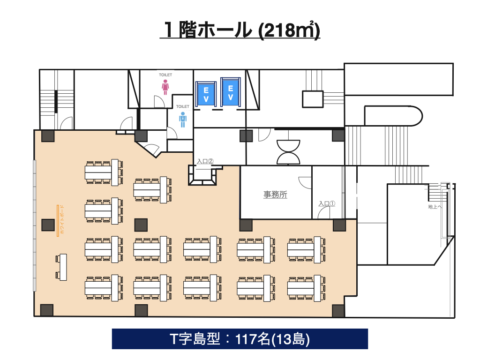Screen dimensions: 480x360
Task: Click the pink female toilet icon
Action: pos(165,87)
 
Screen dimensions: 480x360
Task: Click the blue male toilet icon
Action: pos(183,120)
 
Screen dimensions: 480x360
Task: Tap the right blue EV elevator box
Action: pos(231,93)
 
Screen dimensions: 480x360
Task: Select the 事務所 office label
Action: pos(275,195)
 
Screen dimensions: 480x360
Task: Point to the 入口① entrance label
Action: pos(327,203)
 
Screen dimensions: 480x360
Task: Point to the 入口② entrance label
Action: pos(205,161)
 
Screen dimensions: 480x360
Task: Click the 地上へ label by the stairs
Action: pos(435,207)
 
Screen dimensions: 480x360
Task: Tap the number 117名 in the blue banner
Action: pos(253,339)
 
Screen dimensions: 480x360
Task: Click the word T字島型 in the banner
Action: pos(195,339)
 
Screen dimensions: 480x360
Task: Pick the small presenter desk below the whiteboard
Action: pos(63,267)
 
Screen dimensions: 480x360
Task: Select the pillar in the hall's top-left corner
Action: pos(48,136)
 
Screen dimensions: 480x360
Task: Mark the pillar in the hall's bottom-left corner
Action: pos(47,310)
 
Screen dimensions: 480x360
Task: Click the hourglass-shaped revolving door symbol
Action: pos(288,152)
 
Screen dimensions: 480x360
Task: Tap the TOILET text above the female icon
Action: pos(165,75)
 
